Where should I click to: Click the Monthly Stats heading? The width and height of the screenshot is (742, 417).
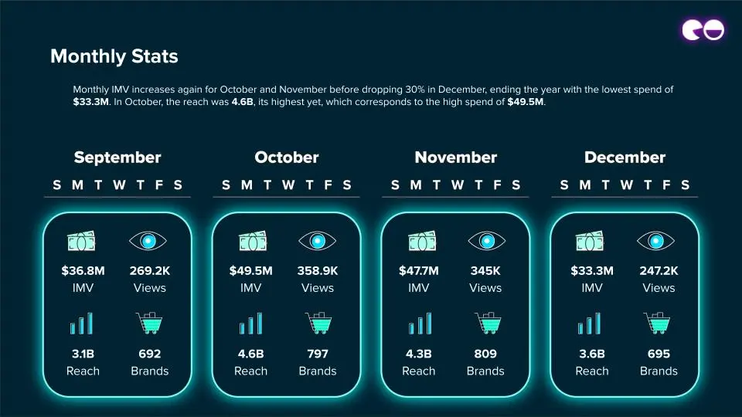coord(114,56)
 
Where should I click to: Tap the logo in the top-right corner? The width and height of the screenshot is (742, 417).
coord(703,30)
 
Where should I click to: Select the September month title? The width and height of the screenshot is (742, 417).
coord(117,158)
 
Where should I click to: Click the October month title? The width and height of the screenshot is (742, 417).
coord(286,158)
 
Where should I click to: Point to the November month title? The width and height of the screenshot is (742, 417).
coord(456,158)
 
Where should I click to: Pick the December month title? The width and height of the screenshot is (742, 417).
coord(625,158)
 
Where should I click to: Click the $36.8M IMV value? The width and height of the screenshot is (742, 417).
coord(83,271)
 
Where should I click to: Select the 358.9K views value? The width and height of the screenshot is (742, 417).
coord(318,271)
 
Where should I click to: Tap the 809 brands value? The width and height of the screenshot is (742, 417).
coord(485,354)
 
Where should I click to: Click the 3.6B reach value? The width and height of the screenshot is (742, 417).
coord(592,354)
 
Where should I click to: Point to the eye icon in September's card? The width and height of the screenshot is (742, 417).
coord(148,241)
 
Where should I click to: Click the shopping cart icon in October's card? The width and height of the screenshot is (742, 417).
coord(318,323)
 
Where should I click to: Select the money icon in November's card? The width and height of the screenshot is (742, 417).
coord(422,241)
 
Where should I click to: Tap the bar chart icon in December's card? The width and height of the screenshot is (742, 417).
coord(589,324)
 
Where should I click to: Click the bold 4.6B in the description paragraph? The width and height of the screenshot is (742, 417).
coord(242,102)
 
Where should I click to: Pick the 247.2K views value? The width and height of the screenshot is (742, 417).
coord(659,271)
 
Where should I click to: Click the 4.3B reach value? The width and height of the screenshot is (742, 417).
coord(419,354)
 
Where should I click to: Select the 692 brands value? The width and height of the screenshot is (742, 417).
coord(149,354)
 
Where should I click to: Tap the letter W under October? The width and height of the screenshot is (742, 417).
coord(288,185)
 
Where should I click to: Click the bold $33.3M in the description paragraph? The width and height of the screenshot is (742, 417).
coord(91,102)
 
